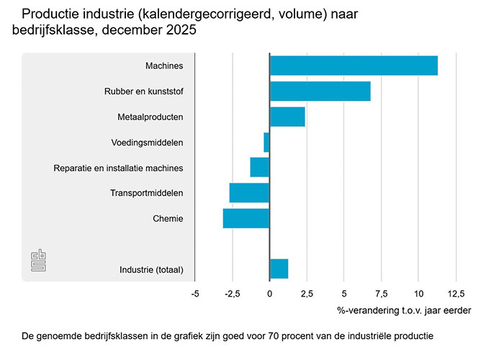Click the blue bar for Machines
353,66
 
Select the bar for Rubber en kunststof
320,91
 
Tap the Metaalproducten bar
287,117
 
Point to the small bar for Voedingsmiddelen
266,142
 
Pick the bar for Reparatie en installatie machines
259,167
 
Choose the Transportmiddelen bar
249,193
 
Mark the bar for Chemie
246,218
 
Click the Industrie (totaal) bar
279,269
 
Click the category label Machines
164,66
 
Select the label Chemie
168,218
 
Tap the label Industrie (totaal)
151,270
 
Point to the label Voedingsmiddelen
147,143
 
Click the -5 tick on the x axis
195,294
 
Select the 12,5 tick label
456,294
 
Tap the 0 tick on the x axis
269,294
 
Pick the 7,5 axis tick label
381,294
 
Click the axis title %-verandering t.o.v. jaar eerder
404,310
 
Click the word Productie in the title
49,14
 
